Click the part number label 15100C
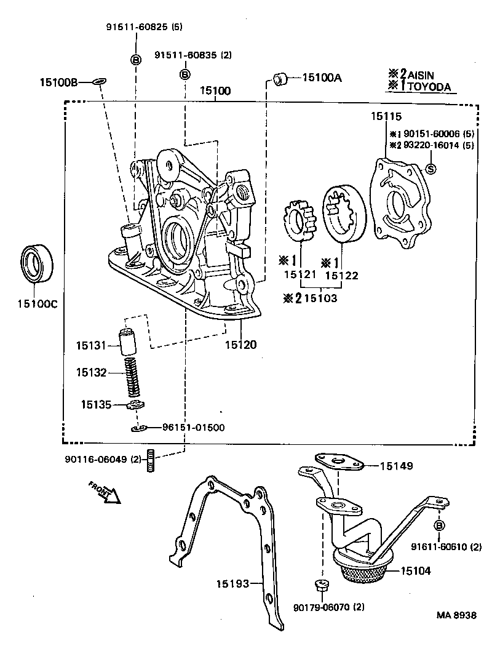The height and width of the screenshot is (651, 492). (x=36, y=303)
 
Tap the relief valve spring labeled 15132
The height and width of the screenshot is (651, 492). (x=133, y=377)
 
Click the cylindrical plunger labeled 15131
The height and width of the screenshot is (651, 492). (x=127, y=343)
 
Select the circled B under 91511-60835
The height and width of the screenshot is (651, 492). (x=184, y=74)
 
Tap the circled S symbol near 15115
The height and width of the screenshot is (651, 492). (x=431, y=169)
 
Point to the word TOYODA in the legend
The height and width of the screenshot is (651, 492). (x=429, y=87)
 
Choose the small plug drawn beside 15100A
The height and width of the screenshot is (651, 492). (x=281, y=78)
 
